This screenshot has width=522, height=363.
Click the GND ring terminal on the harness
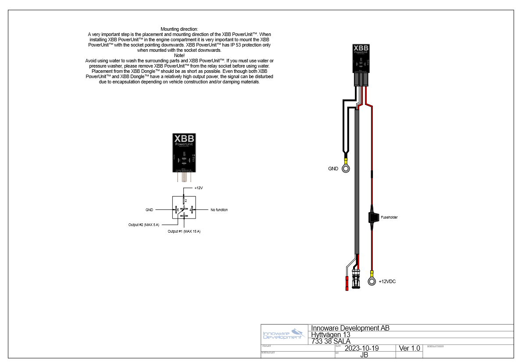click(x=346, y=169)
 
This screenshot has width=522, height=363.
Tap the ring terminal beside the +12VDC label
click(x=372, y=281)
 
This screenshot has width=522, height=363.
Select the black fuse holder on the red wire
click(x=372, y=217)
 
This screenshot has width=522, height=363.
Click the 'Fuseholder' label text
click(x=389, y=217)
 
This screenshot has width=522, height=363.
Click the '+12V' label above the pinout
click(x=198, y=188)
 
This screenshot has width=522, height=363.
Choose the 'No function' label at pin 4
click(x=219, y=210)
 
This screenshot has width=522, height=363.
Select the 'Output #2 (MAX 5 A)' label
click(x=143, y=225)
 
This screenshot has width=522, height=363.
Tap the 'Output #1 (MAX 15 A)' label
click(x=184, y=231)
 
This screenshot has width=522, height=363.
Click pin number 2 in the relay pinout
click(x=186, y=201)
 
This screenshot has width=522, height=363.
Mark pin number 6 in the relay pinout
click(x=184, y=214)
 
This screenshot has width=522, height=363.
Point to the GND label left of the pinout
click(x=150, y=210)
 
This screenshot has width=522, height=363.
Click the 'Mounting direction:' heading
click(x=179, y=29)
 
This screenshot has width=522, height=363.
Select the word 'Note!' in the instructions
click(x=179, y=55)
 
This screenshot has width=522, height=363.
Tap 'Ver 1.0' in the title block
click(x=410, y=349)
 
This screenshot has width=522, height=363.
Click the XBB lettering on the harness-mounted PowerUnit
click(x=361, y=48)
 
